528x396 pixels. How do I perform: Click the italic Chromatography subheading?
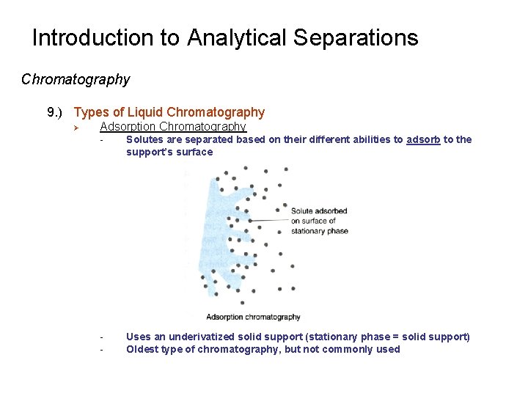tap(76, 79)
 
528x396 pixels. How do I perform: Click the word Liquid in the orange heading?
tap(145, 112)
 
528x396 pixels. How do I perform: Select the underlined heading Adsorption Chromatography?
tap(173, 127)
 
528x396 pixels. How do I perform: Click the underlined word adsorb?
tap(423, 139)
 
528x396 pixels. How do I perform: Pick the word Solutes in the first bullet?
tap(144, 139)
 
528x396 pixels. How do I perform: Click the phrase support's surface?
tap(169, 152)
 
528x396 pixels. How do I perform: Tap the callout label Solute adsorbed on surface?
tap(319, 221)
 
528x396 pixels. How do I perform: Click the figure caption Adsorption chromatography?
tap(253, 317)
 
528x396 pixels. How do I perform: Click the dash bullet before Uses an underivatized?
tap(102, 337)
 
